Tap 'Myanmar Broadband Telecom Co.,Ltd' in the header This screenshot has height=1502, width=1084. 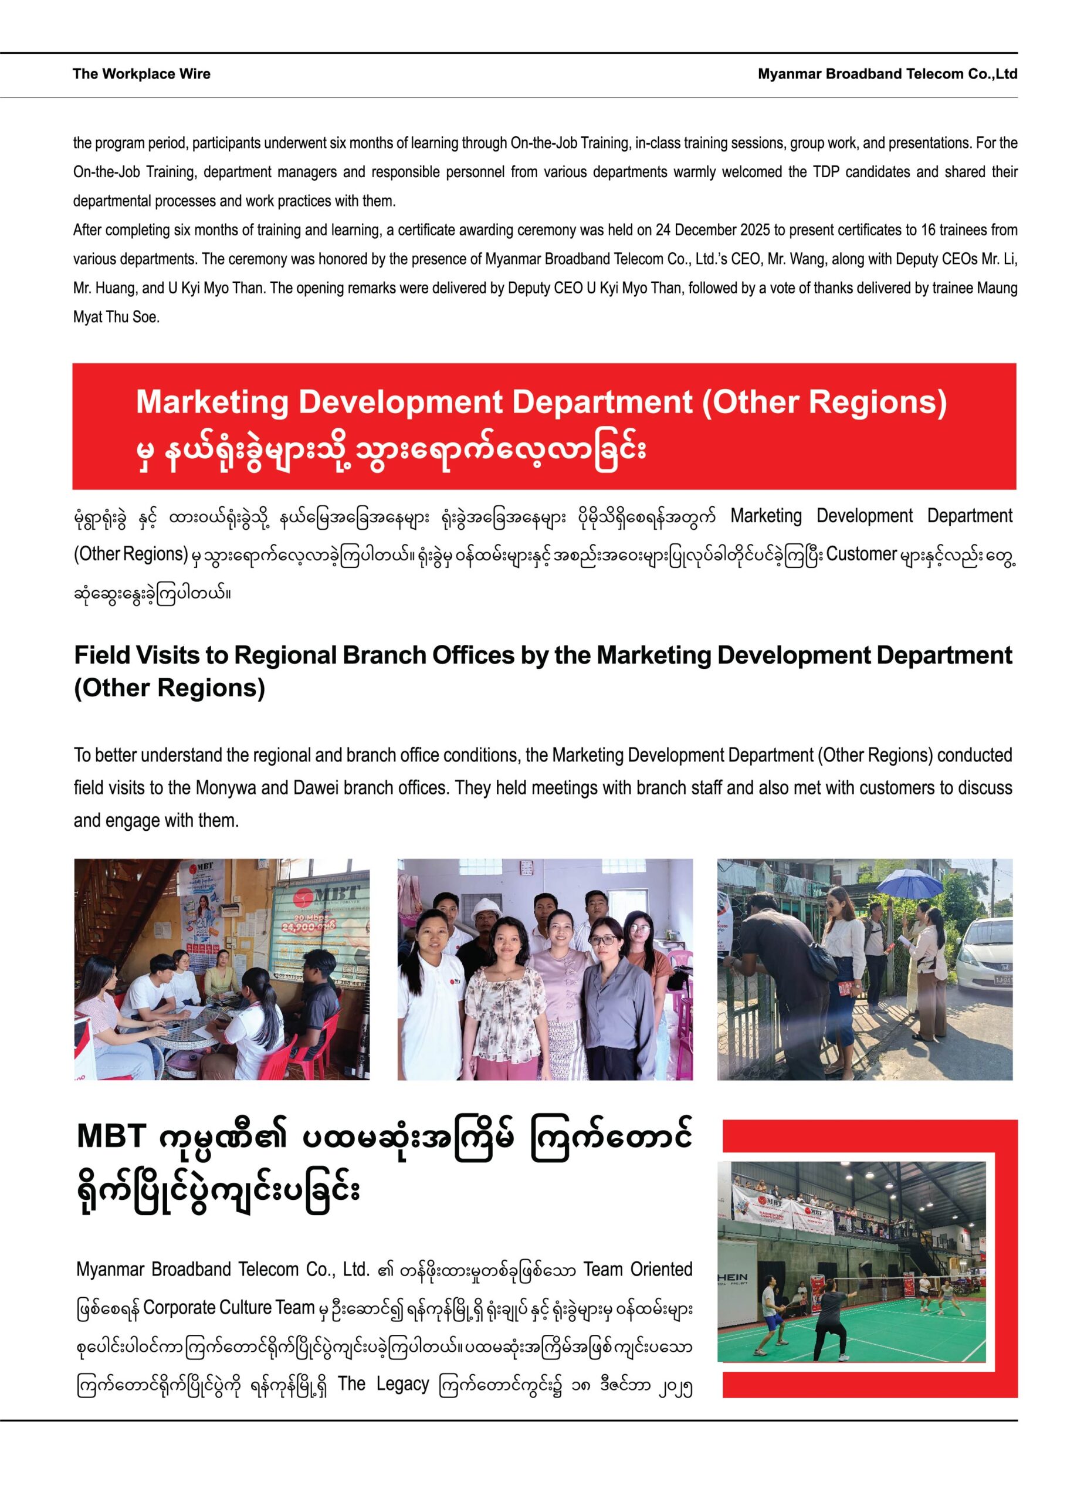point(887,74)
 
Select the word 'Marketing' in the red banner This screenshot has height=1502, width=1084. point(212,402)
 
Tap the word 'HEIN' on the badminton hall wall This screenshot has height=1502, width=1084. point(733,1277)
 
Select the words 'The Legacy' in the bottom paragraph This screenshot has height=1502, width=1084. point(384,1383)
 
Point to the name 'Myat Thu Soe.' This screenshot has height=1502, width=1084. point(117,317)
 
